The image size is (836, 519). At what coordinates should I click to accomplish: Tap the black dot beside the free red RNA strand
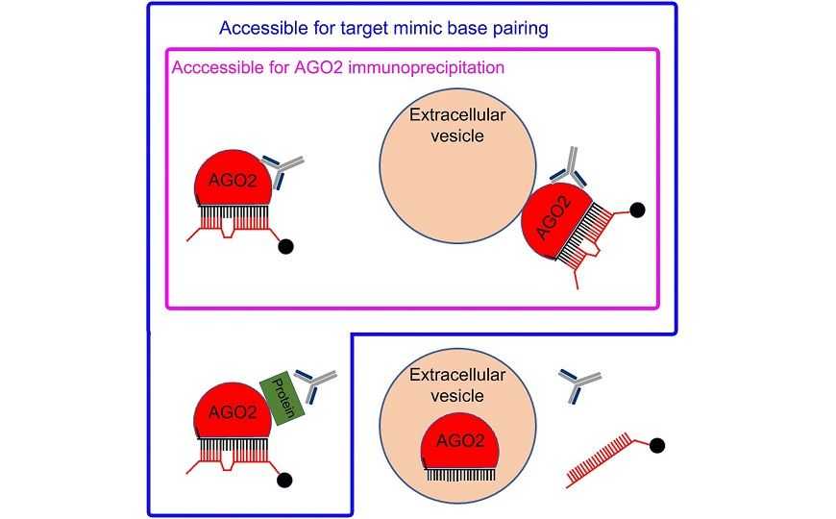click(x=658, y=445)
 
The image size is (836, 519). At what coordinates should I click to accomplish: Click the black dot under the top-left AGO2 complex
click(x=284, y=247)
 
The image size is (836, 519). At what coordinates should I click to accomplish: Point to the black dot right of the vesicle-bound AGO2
click(x=635, y=209)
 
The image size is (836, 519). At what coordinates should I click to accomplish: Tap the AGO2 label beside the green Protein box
click(x=229, y=411)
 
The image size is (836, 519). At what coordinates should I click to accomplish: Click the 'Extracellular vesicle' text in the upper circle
click(x=456, y=125)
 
